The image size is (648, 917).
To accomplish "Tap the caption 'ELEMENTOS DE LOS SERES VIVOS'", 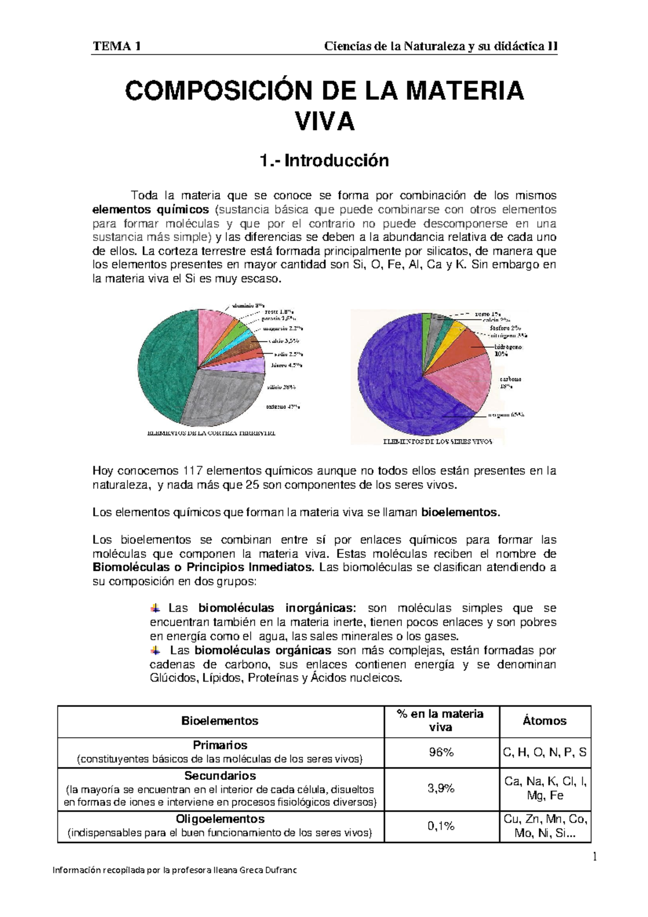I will tap(437, 441).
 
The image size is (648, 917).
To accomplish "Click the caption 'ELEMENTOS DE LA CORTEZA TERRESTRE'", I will tap(211, 433).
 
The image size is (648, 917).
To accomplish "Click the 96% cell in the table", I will tap(441, 752).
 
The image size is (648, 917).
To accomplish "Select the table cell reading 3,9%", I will tap(441, 788).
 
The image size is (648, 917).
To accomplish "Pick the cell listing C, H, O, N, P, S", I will tap(544, 752).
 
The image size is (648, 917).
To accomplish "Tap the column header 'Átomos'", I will tap(544, 721).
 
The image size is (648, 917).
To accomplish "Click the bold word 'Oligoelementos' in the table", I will tap(220, 819).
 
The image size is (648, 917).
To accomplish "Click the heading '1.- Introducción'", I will tap(324, 160).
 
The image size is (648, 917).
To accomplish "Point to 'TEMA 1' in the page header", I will tap(117, 46).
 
